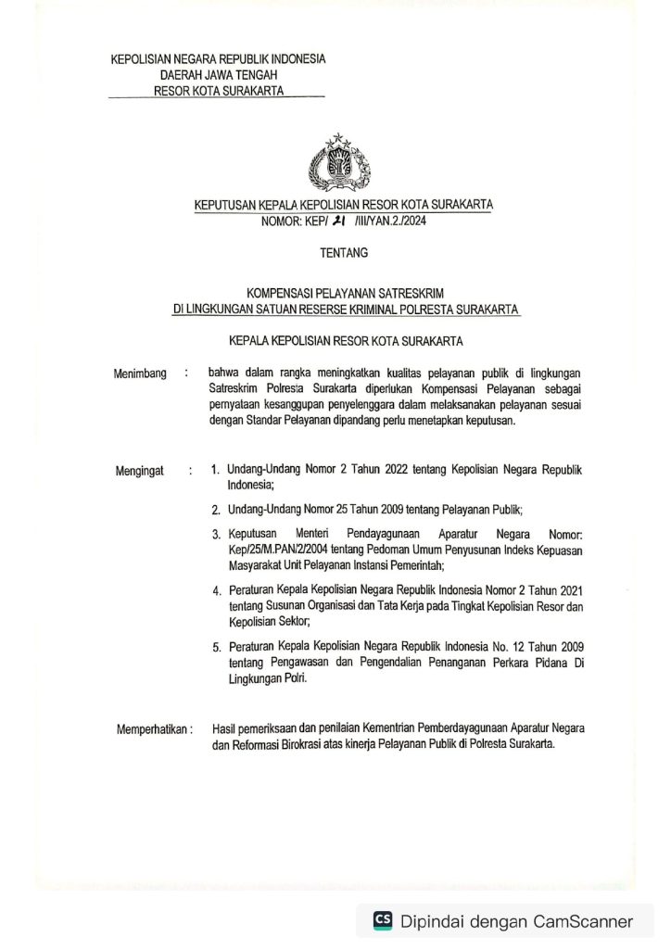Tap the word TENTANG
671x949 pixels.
click(x=344, y=251)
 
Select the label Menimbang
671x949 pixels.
click(x=140, y=373)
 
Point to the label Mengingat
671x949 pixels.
click(x=140, y=471)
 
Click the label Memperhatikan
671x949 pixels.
click(x=155, y=728)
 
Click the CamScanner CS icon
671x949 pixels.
click(x=382, y=920)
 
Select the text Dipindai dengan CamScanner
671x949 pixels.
click(x=516, y=921)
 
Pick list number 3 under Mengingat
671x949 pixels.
click(x=215, y=535)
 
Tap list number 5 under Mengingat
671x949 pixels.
click(x=215, y=646)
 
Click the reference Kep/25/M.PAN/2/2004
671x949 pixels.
click(x=275, y=550)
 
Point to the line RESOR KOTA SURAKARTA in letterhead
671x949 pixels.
click(x=218, y=91)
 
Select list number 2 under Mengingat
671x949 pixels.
click(x=215, y=509)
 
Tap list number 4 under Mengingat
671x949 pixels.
click(x=215, y=590)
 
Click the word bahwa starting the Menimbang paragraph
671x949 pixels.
click(x=224, y=373)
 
